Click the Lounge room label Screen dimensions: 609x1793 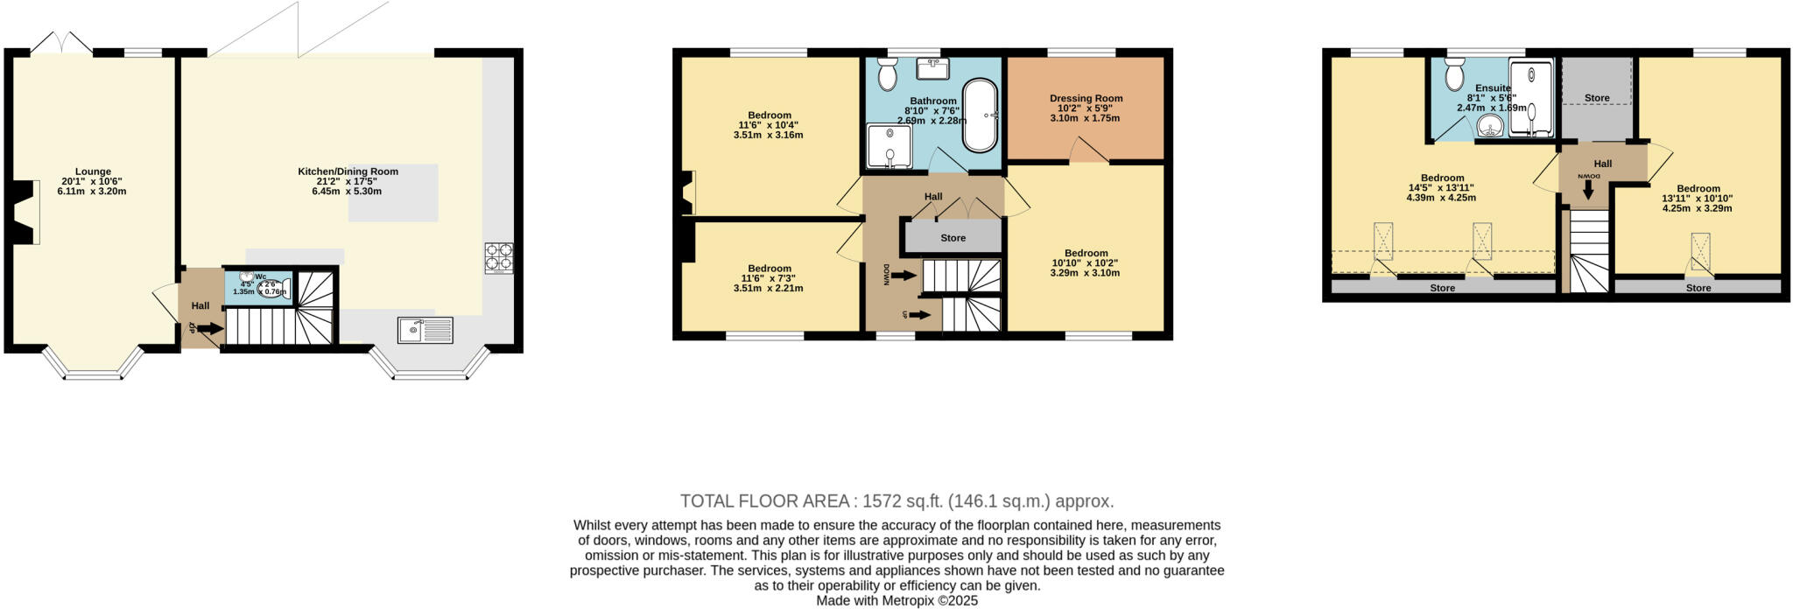click(x=92, y=171)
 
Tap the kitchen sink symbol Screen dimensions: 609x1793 click(x=425, y=330)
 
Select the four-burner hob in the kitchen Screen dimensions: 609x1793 click(x=499, y=257)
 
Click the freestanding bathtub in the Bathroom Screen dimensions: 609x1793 click(x=980, y=116)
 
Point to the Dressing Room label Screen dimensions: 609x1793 click(x=1086, y=98)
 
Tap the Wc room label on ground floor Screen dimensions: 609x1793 click(x=260, y=276)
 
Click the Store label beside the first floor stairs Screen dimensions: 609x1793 click(x=953, y=238)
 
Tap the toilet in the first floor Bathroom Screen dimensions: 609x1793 click(x=887, y=75)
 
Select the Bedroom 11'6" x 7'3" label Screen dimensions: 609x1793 click(x=769, y=269)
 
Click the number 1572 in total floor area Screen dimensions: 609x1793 click(x=882, y=501)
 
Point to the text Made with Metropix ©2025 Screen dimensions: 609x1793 click(x=896, y=601)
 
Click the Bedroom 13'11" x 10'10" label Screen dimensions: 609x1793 click(x=1698, y=188)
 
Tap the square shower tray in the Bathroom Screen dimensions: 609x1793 click(x=889, y=146)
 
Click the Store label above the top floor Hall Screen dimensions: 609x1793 click(x=1596, y=98)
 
